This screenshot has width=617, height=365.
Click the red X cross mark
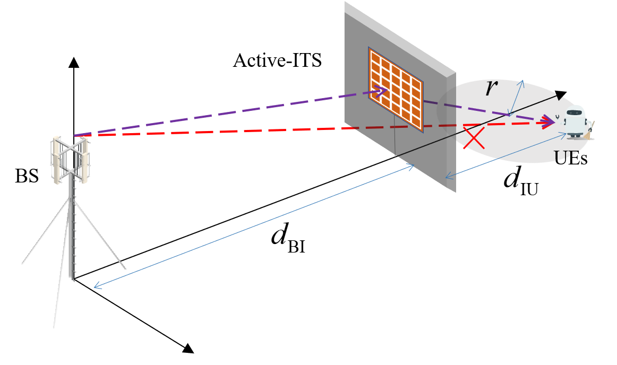click(x=474, y=138)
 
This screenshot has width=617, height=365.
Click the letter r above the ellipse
click(x=491, y=89)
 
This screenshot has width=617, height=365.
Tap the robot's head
click(x=575, y=112)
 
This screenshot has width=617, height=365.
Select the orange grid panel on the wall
click(x=396, y=89)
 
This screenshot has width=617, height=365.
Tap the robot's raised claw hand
click(x=557, y=117)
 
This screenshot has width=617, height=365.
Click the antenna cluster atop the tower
click(x=70, y=158)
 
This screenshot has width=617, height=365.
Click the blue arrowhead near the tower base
click(x=97, y=286)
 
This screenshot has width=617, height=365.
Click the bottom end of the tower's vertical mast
click(x=72, y=278)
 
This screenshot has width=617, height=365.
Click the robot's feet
click(x=575, y=136)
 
